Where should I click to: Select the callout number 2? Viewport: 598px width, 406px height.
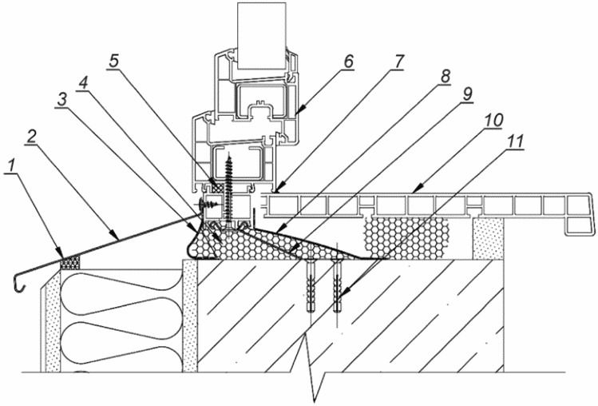[32, 137]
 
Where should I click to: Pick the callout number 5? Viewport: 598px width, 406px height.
[113, 61]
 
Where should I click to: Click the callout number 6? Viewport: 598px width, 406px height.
[347, 62]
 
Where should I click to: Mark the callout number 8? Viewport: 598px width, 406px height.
[444, 77]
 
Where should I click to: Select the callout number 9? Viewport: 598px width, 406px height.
[467, 94]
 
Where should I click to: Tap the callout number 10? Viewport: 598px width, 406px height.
[493, 121]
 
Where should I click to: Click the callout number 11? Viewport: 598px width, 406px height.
[514, 141]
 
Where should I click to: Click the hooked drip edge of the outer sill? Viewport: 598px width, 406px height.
[19, 283]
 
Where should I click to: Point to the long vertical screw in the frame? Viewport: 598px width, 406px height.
[229, 191]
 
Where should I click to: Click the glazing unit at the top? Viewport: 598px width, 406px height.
[262, 36]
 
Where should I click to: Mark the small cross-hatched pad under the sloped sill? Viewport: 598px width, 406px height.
[71, 262]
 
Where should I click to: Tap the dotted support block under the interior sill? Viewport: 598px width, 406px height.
[488, 239]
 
